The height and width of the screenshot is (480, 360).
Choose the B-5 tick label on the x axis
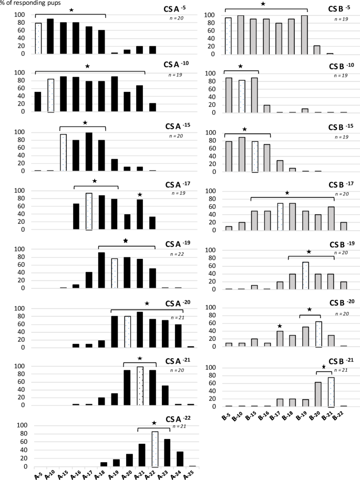click(x=228, y=416)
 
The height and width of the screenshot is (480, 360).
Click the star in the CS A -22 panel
click(x=153, y=423)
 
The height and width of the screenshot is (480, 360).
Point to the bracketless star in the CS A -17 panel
click(x=140, y=195)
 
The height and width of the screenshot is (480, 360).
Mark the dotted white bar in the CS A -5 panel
click(x=38, y=38)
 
